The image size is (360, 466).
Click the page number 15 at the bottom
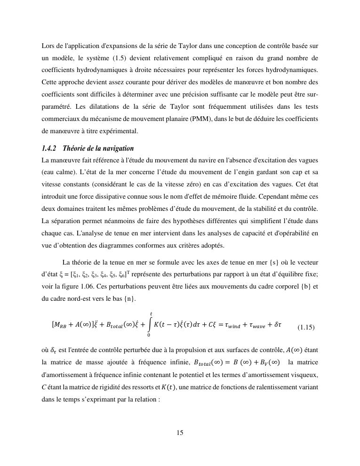tap(180, 433)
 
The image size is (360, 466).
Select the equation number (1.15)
tap(306, 327)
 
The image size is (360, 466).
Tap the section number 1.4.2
tap(49, 148)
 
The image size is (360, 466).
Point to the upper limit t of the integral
tap(151, 313)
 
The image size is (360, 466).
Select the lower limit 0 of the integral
tap(149, 335)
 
